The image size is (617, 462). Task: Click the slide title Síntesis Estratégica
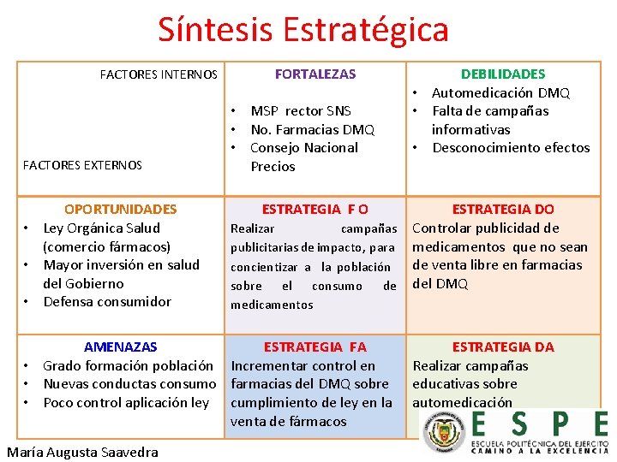tap(303, 30)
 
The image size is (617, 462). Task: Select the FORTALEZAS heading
tap(314, 74)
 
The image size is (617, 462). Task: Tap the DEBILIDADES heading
tap(503, 74)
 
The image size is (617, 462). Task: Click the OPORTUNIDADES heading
tap(121, 209)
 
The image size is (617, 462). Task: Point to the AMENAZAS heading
tap(121, 347)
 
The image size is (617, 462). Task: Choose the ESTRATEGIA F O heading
tap(314, 209)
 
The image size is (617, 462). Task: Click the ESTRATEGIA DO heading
tap(503, 209)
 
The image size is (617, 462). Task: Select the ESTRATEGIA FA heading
tap(314, 347)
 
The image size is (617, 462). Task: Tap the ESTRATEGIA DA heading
tap(503, 347)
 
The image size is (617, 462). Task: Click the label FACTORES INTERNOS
tap(159, 75)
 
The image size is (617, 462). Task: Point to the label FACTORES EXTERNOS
tap(82, 165)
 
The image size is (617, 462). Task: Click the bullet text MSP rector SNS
tap(301, 111)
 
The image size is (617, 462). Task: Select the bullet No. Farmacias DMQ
tap(312, 130)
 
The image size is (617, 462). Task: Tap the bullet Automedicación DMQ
tap(500, 93)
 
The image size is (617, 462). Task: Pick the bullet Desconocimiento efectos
tap(511, 148)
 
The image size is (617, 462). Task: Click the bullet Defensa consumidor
tap(107, 302)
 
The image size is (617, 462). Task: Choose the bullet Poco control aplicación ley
tap(126, 403)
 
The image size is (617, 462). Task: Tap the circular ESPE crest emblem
tap(443, 430)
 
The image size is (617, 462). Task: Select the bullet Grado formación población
tap(128, 366)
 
